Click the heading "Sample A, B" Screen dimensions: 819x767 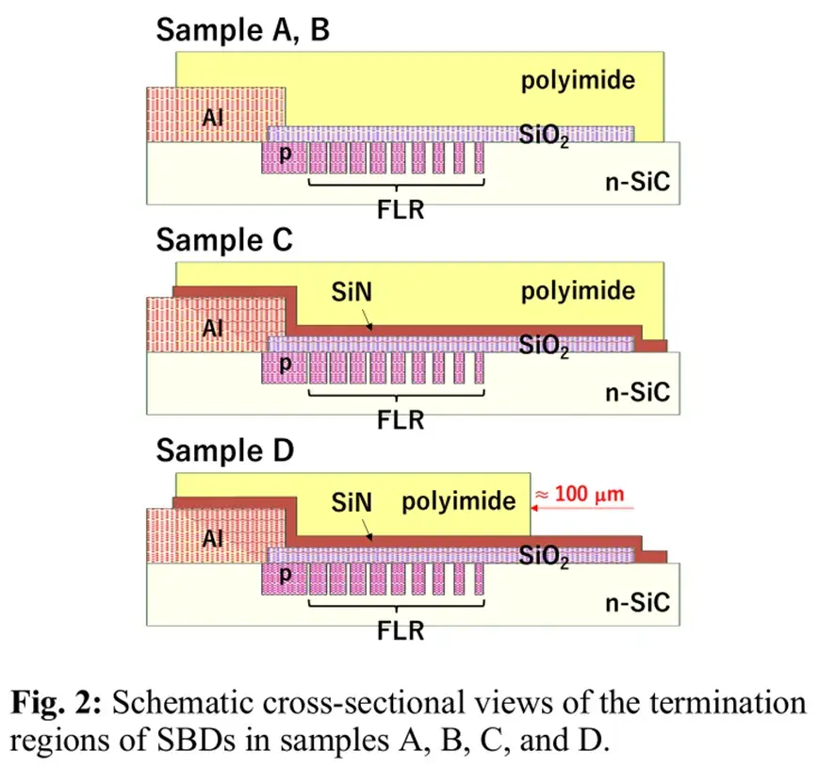243,30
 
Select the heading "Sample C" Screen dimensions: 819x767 224,240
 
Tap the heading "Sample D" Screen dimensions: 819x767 225,450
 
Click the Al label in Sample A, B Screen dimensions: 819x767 213,118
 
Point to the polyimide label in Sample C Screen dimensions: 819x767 579,291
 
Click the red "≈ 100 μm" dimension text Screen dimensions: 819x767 580,494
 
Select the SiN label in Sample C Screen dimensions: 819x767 352,292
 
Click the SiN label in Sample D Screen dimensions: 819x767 352,502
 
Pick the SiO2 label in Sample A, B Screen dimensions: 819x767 543,136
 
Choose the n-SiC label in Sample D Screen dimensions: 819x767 637,603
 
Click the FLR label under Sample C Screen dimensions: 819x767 401,420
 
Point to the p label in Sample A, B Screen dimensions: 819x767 286,154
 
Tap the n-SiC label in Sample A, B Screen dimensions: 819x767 637,182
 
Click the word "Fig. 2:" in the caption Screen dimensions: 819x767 56,703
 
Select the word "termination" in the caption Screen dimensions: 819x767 729,703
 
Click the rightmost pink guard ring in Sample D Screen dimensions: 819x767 479,579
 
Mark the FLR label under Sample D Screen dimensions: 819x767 401,630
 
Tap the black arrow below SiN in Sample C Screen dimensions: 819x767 368,319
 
